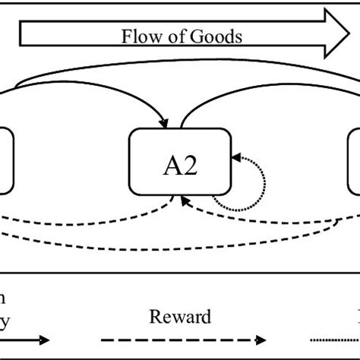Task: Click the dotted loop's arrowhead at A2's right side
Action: [236, 157]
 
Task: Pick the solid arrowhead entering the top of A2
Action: [165, 121]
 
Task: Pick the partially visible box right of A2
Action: [354, 163]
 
